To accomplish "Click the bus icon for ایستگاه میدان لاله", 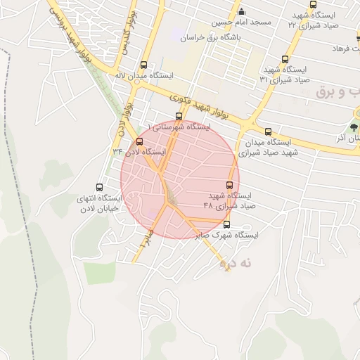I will click(144, 64).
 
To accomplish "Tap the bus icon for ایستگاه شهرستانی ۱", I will click(178, 117).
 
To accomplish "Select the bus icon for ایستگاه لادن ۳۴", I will click(139, 142).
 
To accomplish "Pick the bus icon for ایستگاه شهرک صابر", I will click(236, 226).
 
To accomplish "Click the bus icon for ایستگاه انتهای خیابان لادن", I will click(99, 188).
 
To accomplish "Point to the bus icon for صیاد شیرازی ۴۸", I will click(229, 186).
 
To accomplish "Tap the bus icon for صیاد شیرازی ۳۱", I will click(285, 60).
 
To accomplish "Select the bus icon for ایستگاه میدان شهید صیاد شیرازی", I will click(267, 131).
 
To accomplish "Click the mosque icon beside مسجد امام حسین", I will click(242, 11).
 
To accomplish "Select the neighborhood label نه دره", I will click(236, 264).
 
